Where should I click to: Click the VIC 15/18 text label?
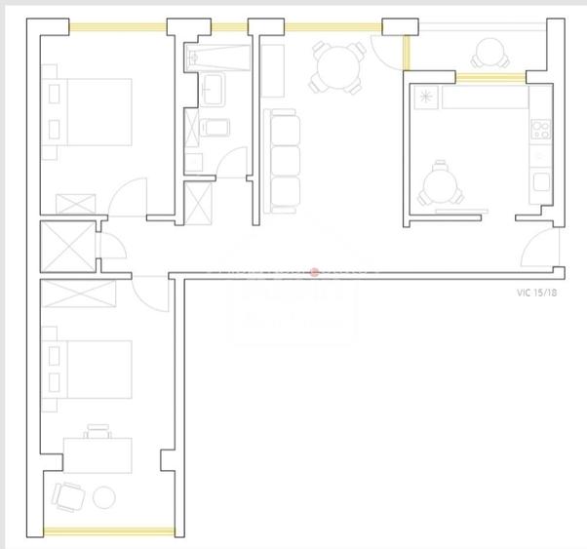[537, 292]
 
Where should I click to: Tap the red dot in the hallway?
[314, 273]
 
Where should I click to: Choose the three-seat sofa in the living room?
[281, 161]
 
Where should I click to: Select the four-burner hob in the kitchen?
[540, 129]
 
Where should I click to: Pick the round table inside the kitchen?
[440, 182]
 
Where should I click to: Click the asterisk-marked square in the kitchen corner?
[426, 97]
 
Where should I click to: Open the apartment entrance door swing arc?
[538, 252]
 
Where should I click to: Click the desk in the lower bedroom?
[98, 454]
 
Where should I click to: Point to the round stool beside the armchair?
[104, 498]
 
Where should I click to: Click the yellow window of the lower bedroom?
[109, 532]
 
